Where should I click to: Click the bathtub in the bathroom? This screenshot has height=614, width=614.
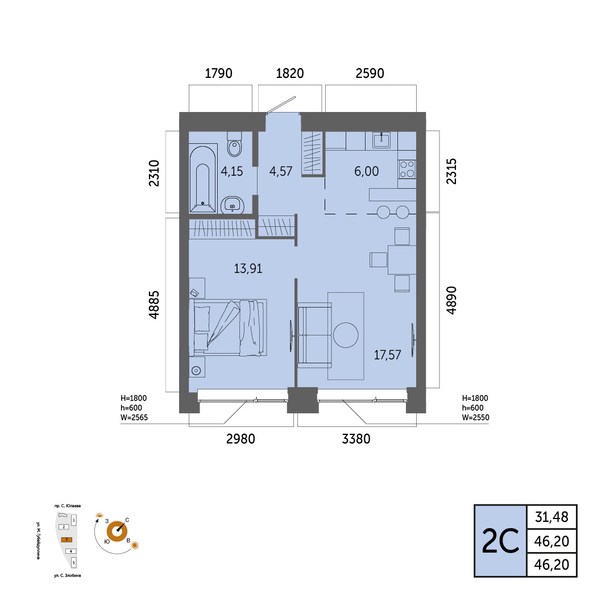pos(202,179)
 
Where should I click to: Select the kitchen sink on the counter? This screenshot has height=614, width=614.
pos(381,140)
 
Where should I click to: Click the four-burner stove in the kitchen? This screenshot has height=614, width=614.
pos(407,169)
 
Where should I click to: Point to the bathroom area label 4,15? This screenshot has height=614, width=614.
pos(232,171)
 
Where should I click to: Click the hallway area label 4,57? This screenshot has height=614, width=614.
pos(281,171)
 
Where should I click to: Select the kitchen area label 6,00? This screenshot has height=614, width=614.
pos(367,171)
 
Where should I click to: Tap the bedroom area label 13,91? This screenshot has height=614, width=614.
pos(248,268)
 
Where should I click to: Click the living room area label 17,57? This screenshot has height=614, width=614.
pos(387,355)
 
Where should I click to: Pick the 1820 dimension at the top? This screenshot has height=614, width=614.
pos(290,73)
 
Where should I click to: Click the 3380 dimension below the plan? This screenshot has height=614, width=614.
pos(356,439)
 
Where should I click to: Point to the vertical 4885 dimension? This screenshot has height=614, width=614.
pos(154,305)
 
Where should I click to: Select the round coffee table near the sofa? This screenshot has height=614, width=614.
pos(346,335)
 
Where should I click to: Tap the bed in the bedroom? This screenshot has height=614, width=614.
pos(228,328)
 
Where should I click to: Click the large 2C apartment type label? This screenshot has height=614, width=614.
pos(500,541)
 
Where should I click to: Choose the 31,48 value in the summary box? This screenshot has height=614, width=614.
pos(551,517)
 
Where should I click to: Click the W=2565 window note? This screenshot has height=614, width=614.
pos(134,417)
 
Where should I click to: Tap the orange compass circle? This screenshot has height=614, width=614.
pos(117,532)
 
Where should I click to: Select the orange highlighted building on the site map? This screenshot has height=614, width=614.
pos(67,540)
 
